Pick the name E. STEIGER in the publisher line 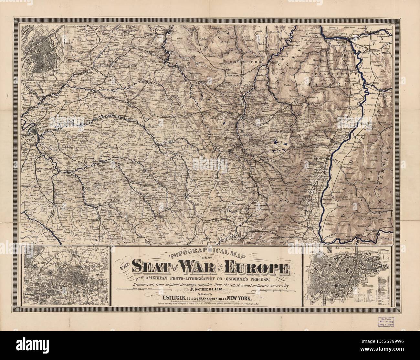[x=169, y=299]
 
